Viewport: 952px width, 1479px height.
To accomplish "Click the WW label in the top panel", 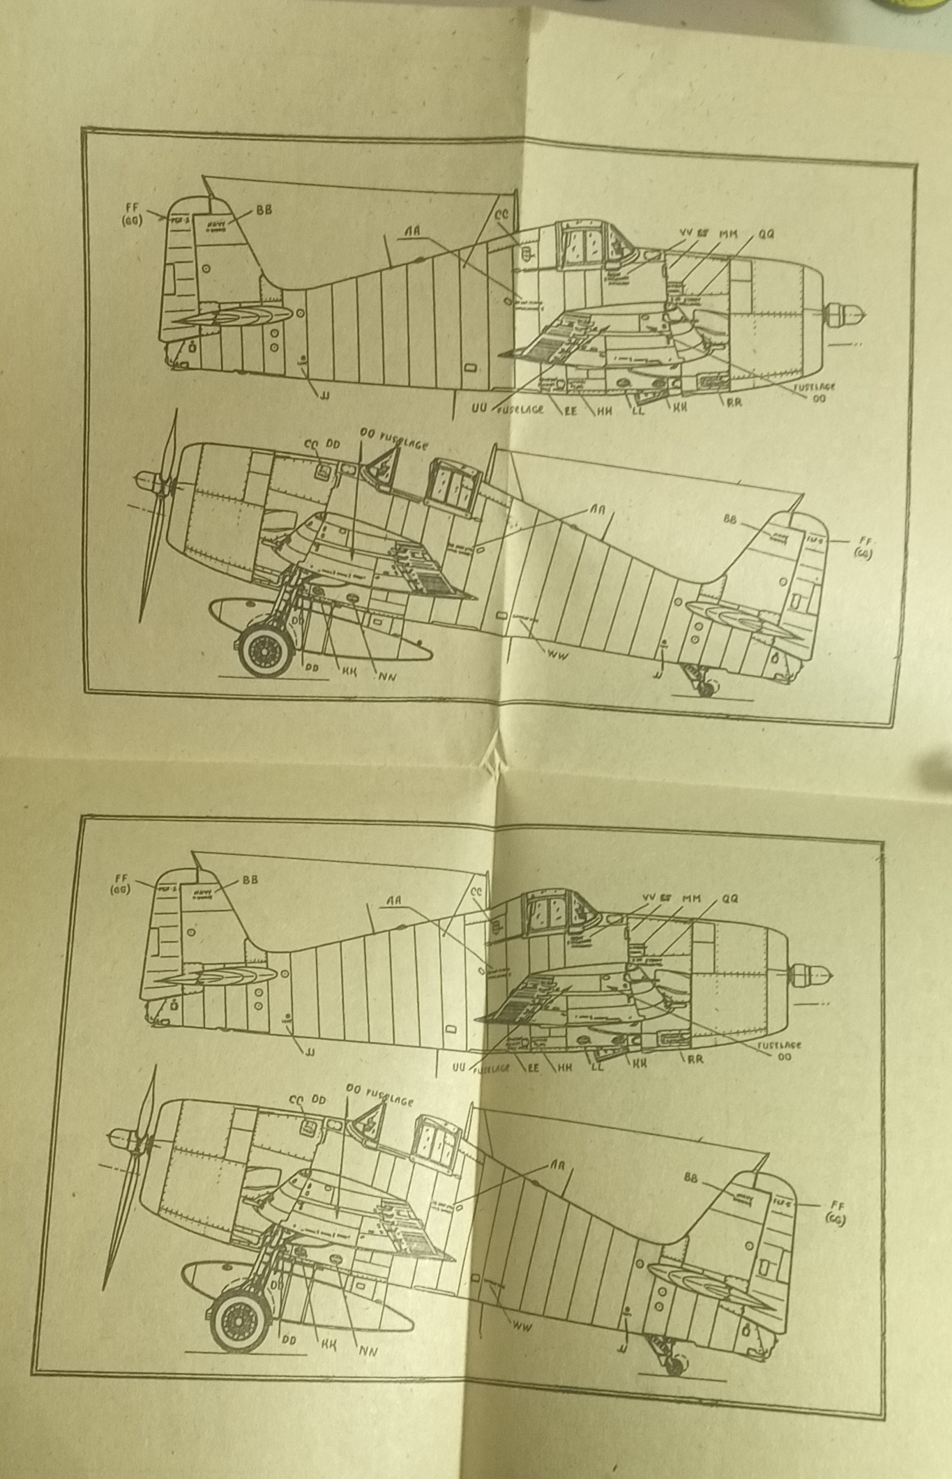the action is [x=555, y=655].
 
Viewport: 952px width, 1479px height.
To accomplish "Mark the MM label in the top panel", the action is [x=727, y=233].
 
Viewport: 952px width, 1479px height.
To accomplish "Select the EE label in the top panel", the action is [x=570, y=410].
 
